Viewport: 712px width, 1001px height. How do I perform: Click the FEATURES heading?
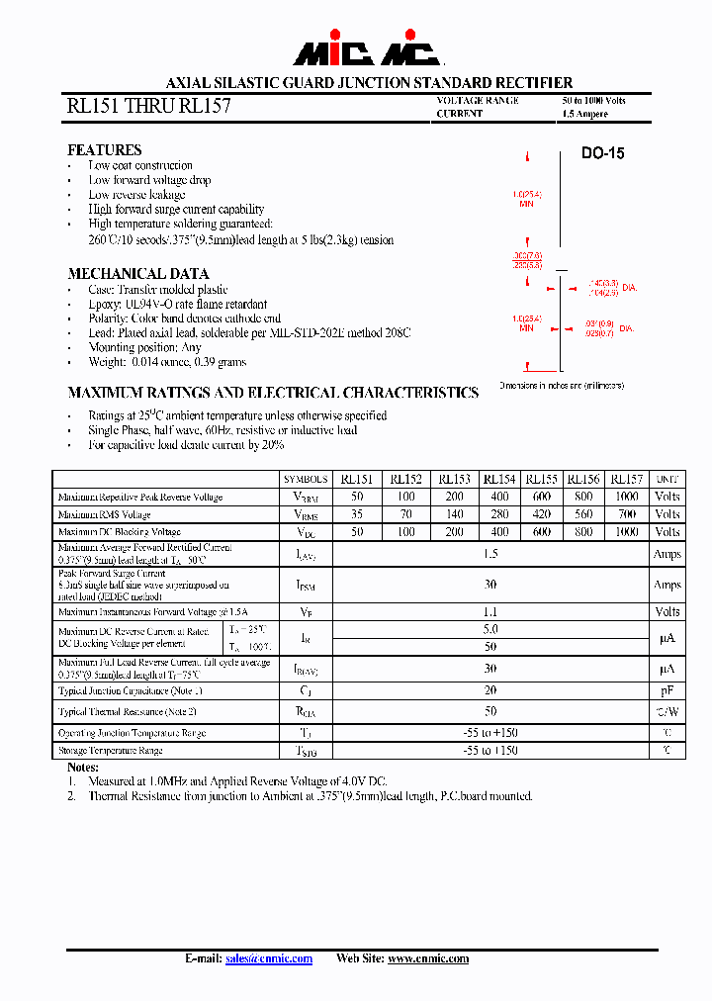[x=104, y=150]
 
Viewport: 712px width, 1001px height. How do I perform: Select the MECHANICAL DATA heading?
[x=137, y=274]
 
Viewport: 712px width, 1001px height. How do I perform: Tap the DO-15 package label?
[x=602, y=154]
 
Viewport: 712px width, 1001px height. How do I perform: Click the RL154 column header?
[x=499, y=479]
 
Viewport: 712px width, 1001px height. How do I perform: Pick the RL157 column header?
[x=627, y=479]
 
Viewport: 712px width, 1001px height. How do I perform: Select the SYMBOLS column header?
[x=306, y=479]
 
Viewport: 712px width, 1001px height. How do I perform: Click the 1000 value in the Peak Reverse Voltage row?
[x=627, y=497]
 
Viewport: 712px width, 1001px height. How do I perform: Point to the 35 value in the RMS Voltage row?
[x=357, y=514]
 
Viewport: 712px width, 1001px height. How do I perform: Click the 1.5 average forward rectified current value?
[x=490, y=554]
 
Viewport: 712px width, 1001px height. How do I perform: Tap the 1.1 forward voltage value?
[x=490, y=612]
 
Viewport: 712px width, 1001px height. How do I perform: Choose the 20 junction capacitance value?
[x=490, y=690]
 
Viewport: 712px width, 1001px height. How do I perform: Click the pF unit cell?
[x=667, y=690]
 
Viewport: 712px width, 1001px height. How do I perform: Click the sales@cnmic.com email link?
[x=269, y=958]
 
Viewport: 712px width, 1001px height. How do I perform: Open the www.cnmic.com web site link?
[x=428, y=958]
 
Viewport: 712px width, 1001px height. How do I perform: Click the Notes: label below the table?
[x=83, y=768]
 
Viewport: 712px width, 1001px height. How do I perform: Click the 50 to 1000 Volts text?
[x=593, y=101]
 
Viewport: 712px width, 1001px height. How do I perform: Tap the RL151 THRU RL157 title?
[x=148, y=106]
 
